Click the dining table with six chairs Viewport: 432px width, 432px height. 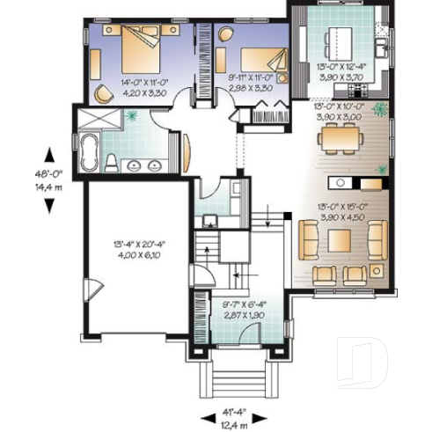coord(340,139)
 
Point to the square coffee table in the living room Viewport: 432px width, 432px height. coord(342,240)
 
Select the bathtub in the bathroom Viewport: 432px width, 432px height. coord(91,152)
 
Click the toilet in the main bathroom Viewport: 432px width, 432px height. coord(112,161)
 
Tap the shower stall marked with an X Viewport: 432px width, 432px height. coord(90,120)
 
